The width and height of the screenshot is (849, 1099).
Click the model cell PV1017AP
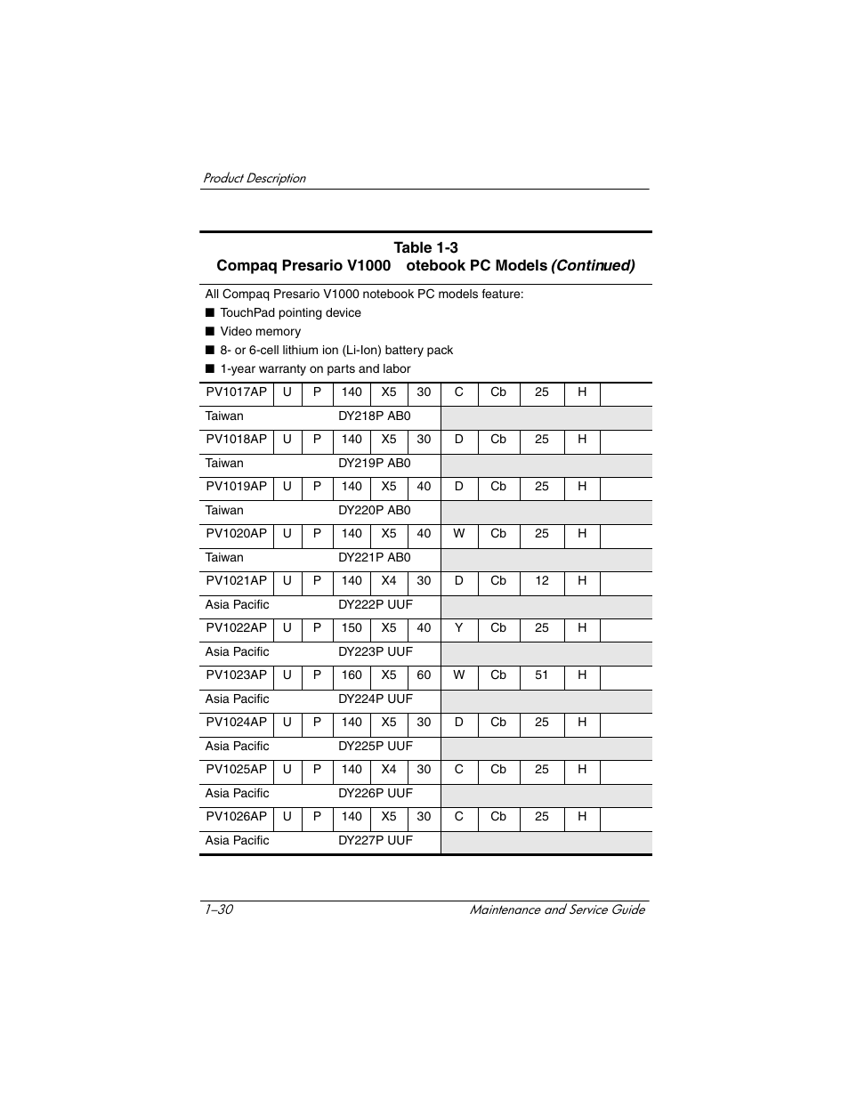[236, 392]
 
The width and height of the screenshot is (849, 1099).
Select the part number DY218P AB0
[374, 416]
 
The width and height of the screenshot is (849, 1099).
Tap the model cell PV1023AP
[236, 675]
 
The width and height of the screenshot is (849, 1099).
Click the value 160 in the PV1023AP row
[352, 675]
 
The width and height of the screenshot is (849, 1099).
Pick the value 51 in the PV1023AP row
[541, 675]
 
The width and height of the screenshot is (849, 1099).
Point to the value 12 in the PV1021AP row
[541, 581]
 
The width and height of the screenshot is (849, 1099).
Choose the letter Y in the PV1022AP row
[458, 628]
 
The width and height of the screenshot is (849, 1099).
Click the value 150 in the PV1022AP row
[352, 628]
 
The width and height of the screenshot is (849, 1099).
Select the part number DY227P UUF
[375, 841]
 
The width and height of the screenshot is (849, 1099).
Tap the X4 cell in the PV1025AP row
[389, 770]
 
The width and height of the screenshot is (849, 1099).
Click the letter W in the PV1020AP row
[458, 534]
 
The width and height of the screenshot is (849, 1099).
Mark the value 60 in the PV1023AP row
[424, 675]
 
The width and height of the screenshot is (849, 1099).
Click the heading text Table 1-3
[425, 248]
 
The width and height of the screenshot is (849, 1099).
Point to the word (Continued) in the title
[593, 266]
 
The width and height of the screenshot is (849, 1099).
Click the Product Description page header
[254, 179]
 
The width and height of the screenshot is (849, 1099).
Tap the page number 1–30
[218, 909]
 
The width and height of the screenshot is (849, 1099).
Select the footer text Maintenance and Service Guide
[557, 909]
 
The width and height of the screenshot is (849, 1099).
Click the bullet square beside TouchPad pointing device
[210, 313]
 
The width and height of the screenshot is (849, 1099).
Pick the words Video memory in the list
[260, 332]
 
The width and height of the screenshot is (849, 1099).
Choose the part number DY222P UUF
[375, 605]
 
